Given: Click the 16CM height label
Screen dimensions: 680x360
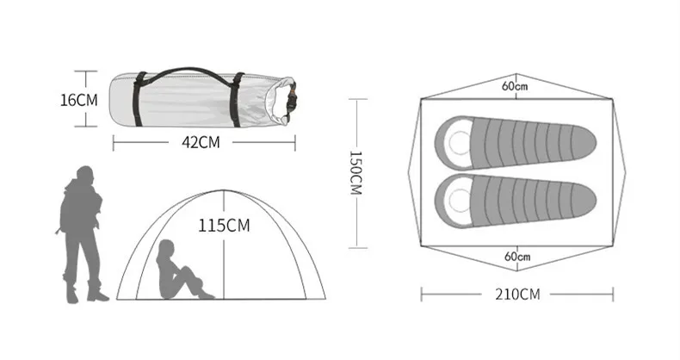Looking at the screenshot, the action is pyautogui.click(x=79, y=100).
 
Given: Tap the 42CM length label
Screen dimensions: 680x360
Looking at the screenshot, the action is pyautogui.click(x=201, y=142).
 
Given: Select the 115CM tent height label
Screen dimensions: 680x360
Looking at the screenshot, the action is pyautogui.click(x=224, y=226).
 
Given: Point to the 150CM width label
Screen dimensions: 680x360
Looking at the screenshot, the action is pyautogui.click(x=355, y=172).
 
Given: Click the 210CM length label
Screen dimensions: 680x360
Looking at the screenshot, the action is pyautogui.click(x=517, y=295).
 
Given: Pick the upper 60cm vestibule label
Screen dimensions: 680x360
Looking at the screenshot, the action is pyautogui.click(x=515, y=86).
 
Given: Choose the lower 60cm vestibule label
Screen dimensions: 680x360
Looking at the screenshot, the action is pyautogui.click(x=517, y=257).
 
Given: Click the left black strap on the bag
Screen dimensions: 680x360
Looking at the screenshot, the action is pyautogui.click(x=139, y=100).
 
